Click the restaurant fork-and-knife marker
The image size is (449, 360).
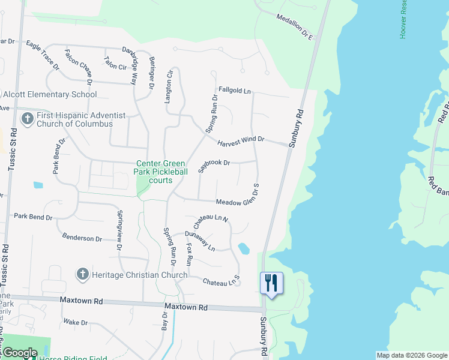point(271,283)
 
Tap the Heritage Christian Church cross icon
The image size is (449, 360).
point(83,275)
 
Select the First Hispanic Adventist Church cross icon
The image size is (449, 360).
point(27,119)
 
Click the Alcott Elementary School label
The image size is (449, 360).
point(50,94)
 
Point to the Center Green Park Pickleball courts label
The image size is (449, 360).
point(162,172)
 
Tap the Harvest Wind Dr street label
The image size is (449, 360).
point(241,139)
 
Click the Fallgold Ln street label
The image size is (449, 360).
point(234,91)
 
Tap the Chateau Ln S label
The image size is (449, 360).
point(221,280)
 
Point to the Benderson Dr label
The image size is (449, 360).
point(82,238)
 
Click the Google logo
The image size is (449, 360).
point(19,353)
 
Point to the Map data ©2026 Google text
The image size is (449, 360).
point(411,355)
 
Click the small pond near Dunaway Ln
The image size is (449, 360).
point(244,248)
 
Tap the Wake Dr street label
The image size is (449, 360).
point(76,322)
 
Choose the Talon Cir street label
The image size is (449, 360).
point(115,62)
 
